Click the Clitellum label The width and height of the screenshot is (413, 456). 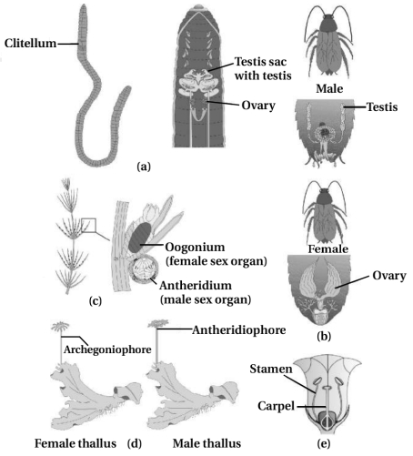[30, 43]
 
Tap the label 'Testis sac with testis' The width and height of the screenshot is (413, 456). [263, 68]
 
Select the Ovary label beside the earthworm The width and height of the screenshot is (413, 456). [258, 106]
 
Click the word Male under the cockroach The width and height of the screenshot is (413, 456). [329, 88]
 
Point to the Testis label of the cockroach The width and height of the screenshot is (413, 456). [382, 106]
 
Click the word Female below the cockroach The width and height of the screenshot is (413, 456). [328, 249]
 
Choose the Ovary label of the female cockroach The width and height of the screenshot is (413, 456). [389, 276]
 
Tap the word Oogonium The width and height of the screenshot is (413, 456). [195, 248]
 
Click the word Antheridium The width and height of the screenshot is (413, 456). [196, 286]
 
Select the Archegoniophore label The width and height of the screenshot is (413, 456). [107, 350]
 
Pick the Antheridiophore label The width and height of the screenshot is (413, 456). [239, 330]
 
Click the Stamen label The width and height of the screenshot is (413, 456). [271, 369]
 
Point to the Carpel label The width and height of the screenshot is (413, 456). [276, 406]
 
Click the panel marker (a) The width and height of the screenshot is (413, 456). [144, 167]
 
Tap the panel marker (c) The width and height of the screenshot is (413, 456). [96, 300]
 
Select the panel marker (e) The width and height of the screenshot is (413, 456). [324, 443]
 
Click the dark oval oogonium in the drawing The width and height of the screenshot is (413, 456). [140, 237]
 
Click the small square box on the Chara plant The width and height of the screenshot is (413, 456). [89, 226]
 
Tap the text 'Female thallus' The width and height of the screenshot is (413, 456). [76, 443]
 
